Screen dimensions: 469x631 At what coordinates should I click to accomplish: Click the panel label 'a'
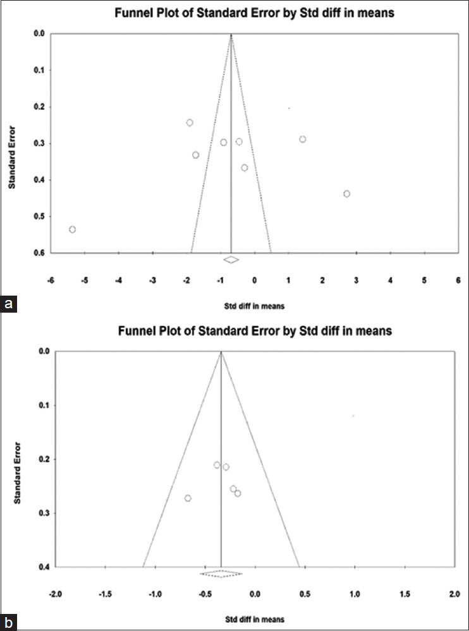click(x=8, y=304)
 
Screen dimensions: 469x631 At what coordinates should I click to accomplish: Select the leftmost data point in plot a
click(x=73, y=229)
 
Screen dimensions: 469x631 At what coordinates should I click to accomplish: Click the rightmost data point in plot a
click(x=346, y=194)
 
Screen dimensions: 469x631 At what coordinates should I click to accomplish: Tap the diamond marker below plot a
click(x=231, y=260)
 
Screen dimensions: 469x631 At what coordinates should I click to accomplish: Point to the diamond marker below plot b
click(x=221, y=574)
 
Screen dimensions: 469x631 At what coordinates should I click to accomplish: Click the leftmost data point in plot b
click(x=188, y=498)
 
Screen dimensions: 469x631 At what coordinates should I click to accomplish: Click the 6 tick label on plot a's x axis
click(x=458, y=280)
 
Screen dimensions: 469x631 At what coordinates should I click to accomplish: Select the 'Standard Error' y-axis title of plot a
click(x=13, y=157)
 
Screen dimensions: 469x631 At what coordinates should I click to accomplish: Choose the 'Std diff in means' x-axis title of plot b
click(x=255, y=619)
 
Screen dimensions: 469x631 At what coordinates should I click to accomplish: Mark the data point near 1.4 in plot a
click(x=302, y=139)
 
